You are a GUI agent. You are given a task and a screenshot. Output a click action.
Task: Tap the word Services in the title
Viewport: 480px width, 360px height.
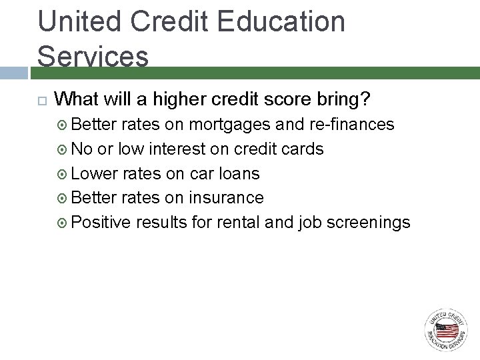[93, 56]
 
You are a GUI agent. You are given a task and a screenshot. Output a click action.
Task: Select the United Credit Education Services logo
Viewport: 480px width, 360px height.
[447, 330]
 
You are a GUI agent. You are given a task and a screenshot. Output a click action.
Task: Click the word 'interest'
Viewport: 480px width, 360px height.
[174, 149]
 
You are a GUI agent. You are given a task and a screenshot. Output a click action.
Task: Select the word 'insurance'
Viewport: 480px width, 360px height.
[227, 198]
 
